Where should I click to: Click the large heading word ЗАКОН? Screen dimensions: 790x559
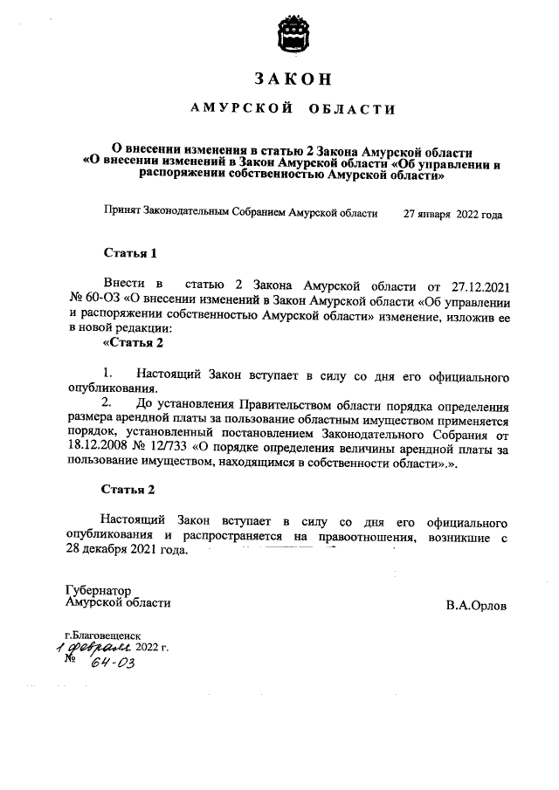[x=293, y=79]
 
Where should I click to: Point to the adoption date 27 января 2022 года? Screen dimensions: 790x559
[x=452, y=213]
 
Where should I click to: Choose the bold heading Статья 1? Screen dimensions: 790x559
[x=130, y=254]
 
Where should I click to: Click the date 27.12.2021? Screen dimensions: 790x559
[x=479, y=285]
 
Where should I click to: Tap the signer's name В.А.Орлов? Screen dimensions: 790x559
[x=475, y=604]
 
